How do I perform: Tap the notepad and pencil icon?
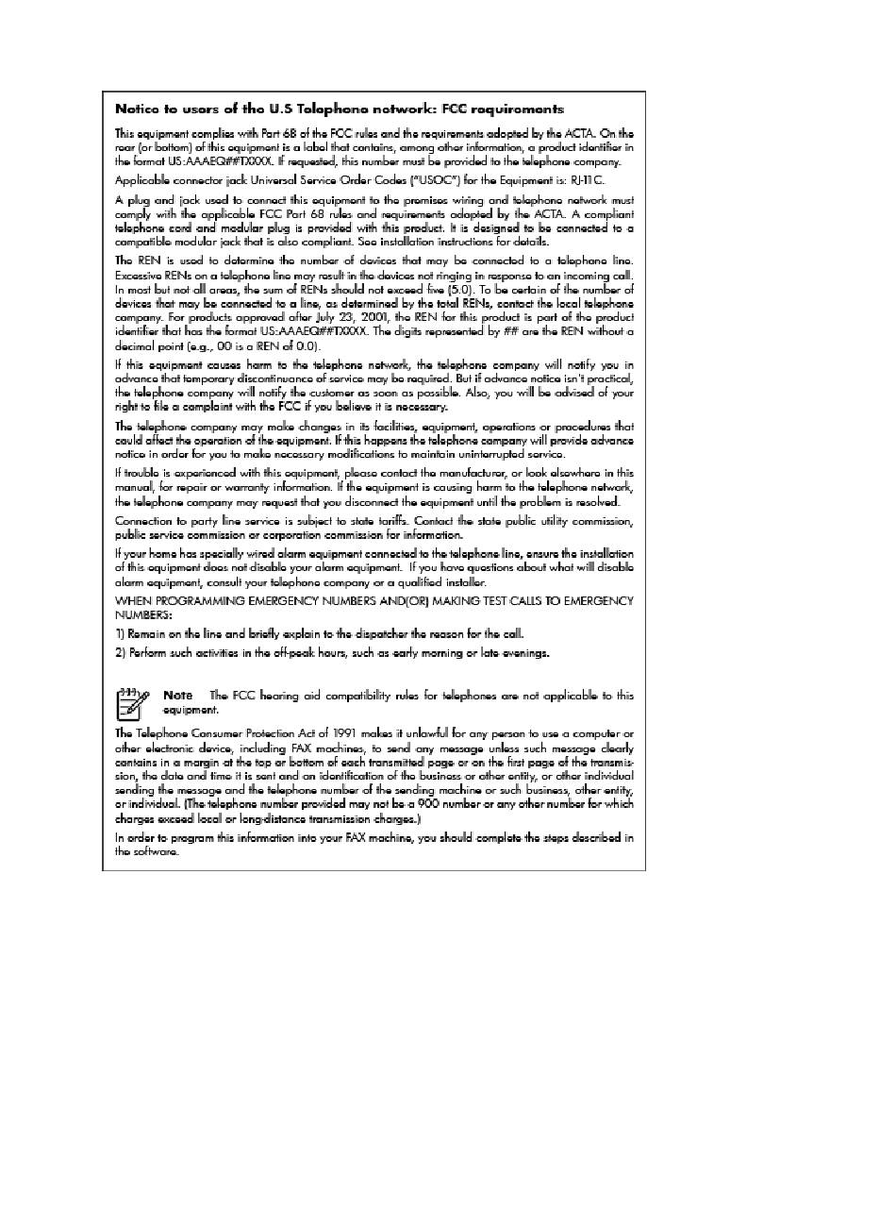tap(132, 703)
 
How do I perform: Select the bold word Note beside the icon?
tap(177, 696)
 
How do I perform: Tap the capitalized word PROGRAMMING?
tap(200, 601)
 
